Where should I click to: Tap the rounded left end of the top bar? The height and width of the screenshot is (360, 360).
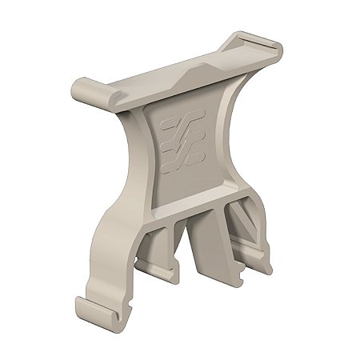82,89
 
